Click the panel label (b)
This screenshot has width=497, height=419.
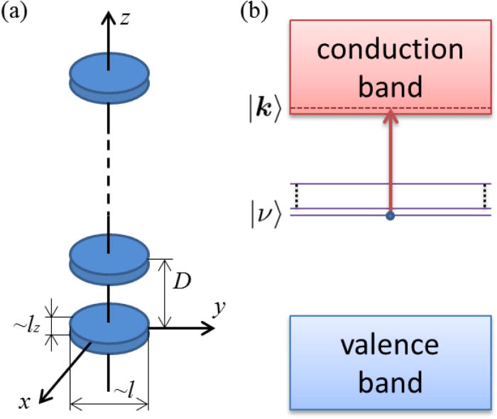(x=256, y=13)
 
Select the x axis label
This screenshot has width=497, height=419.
(x=26, y=402)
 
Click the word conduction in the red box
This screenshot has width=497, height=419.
(x=389, y=50)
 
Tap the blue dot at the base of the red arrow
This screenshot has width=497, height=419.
(x=389, y=215)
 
